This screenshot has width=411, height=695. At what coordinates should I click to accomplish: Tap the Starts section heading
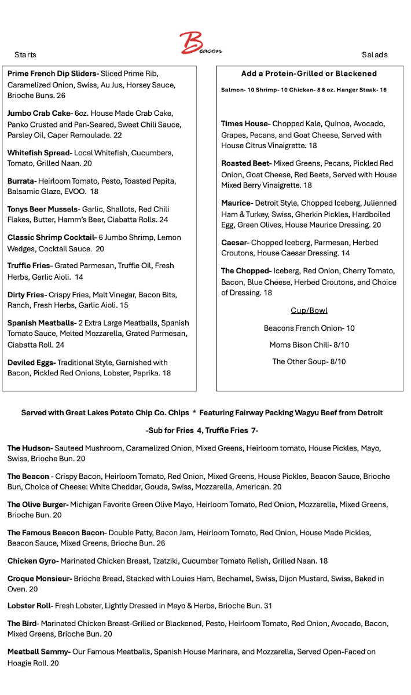25,55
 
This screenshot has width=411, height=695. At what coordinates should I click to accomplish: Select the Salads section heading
375,55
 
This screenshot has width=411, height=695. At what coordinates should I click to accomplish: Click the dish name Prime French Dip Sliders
53,74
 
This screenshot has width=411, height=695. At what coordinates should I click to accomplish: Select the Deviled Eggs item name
30,363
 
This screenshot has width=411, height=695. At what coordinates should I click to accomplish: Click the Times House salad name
245,124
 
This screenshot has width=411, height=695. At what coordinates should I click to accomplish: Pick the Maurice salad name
236,203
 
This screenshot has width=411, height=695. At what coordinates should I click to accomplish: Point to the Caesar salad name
234,243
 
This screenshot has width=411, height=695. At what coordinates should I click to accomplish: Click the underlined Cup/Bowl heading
309,310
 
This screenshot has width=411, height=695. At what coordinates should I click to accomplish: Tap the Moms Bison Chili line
309,345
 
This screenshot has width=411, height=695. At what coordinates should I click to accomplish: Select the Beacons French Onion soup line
309,328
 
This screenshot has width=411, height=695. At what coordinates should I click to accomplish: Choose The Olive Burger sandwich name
38,504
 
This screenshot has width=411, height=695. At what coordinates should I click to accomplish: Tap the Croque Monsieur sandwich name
39,579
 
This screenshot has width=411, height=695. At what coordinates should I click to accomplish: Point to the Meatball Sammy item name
38,652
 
